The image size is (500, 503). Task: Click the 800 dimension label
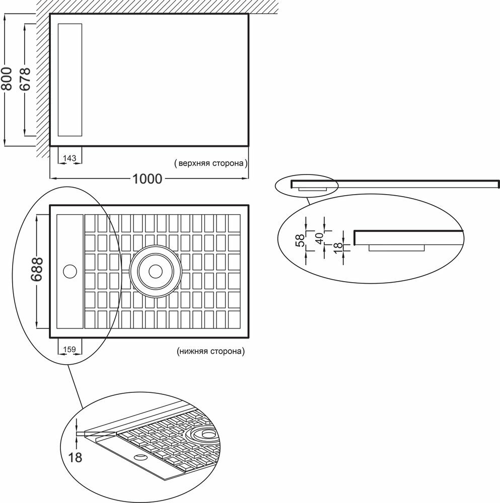click(8, 79)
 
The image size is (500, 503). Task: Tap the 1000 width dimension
click(148, 179)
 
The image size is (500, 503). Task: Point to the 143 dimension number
click(70, 158)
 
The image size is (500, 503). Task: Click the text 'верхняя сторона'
click(210, 163)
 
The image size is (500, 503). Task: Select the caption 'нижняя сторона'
click(210, 352)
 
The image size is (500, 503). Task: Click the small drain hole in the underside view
click(69, 272)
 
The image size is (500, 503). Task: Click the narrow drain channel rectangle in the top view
click(70, 79)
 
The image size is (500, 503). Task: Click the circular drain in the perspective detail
click(205, 433)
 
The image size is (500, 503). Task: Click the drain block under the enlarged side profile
click(397, 247)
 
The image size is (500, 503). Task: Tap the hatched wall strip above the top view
click(151, 7)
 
